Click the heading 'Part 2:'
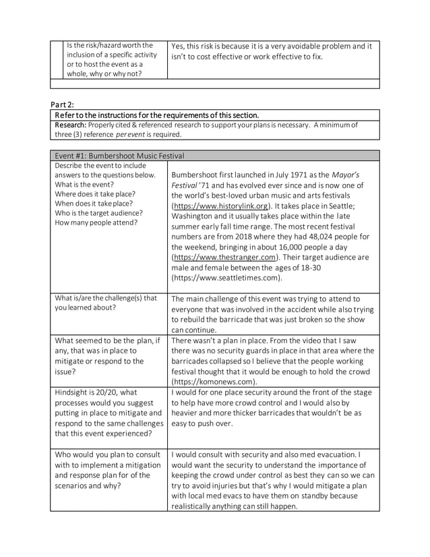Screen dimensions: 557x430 click(x=63, y=105)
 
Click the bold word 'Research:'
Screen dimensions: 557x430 click(x=71, y=125)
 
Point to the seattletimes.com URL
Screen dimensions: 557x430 click(x=226, y=277)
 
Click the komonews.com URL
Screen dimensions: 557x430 click(x=215, y=381)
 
